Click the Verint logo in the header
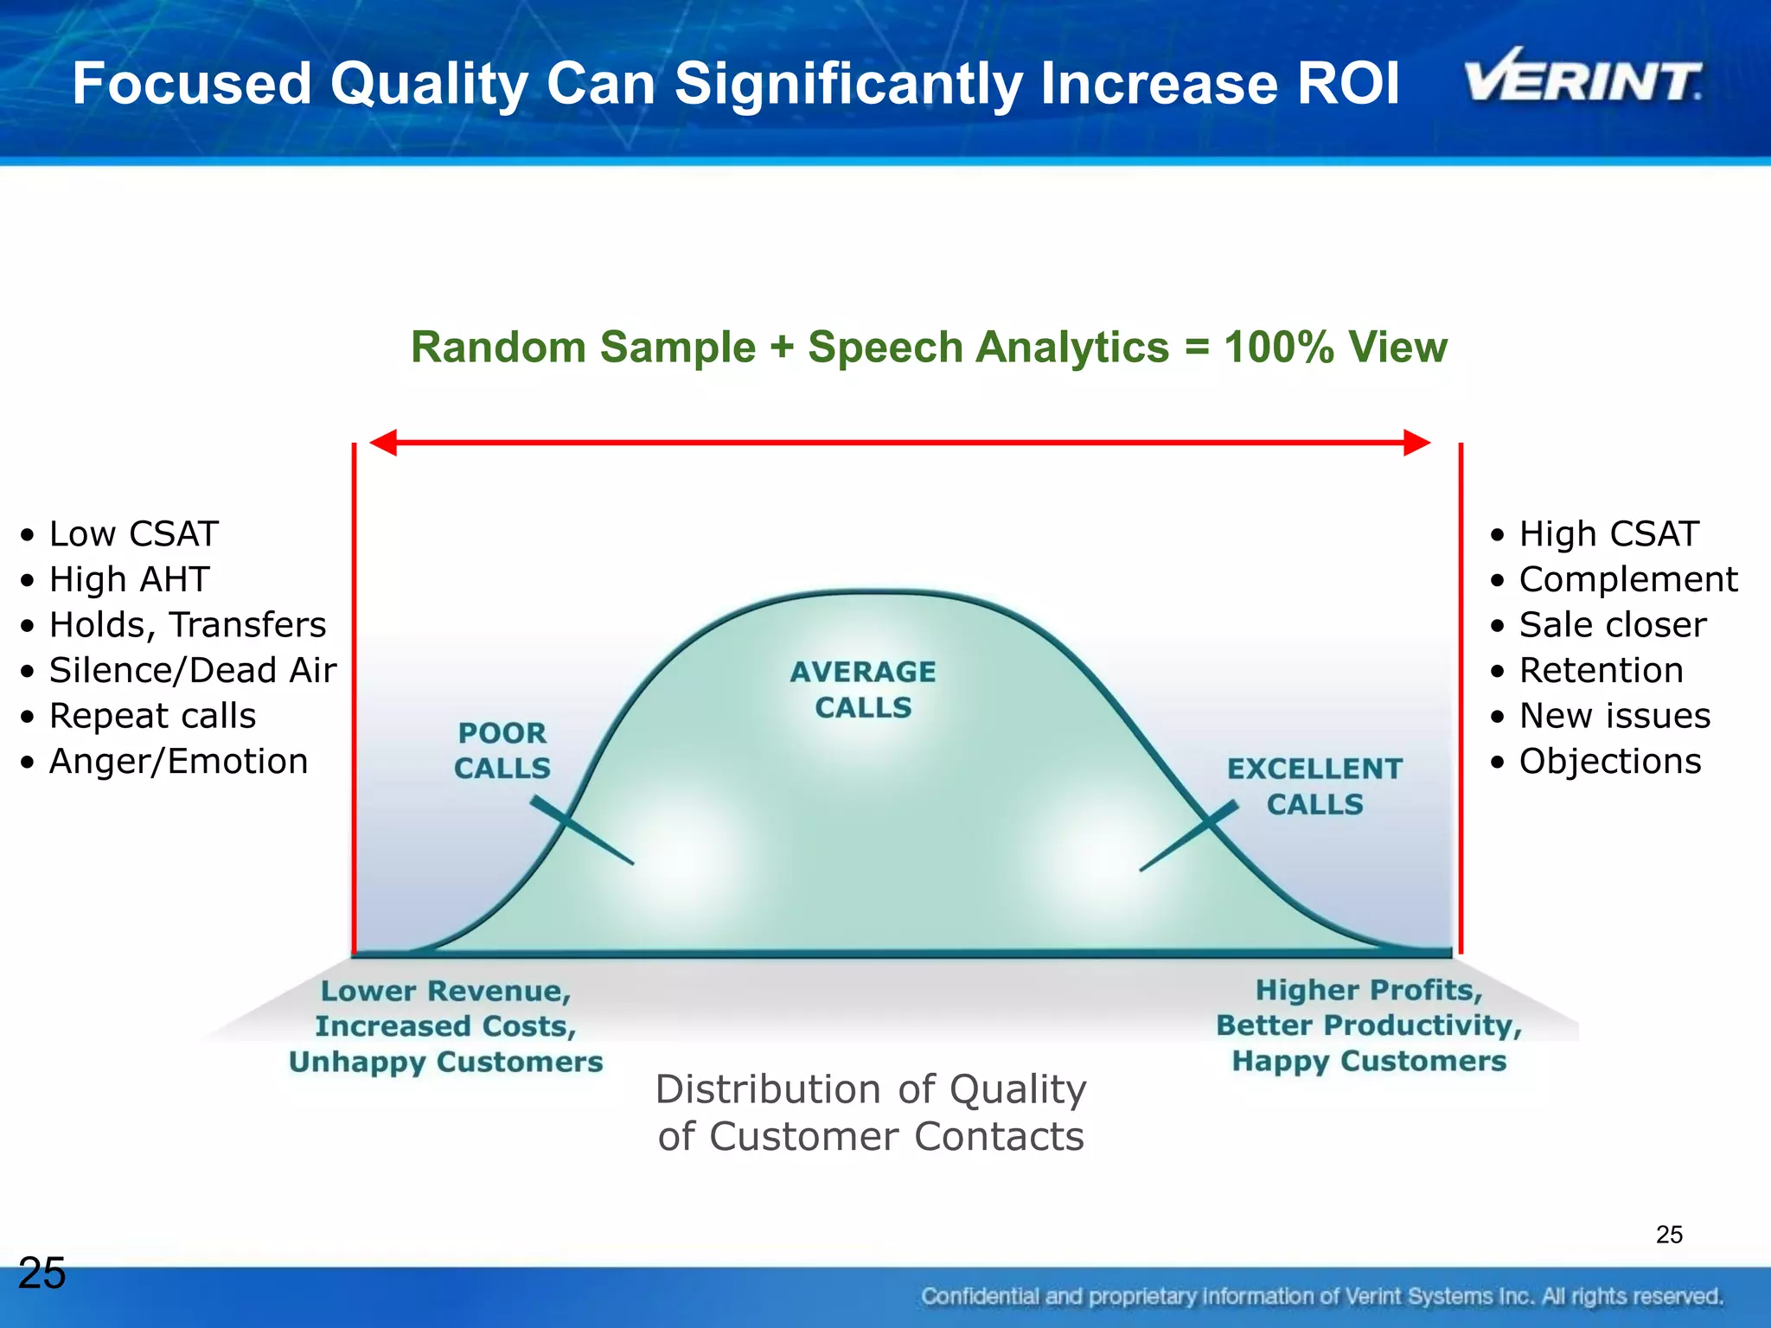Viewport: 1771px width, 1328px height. click(x=1582, y=78)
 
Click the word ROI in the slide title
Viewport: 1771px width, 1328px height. click(x=1341, y=84)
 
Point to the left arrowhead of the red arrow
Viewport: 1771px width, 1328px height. click(x=382, y=443)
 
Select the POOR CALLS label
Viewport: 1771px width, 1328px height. click(x=502, y=750)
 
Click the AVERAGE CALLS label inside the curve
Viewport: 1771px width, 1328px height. click(x=863, y=689)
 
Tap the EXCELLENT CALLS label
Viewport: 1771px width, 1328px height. click(x=1314, y=786)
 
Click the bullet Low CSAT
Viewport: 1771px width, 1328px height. click(x=133, y=534)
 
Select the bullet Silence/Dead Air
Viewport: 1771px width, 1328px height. click(x=192, y=671)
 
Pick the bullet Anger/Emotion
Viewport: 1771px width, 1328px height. click(x=178, y=762)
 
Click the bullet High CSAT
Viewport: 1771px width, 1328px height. click(x=1608, y=534)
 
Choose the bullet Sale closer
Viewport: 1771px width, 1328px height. click(x=1613, y=625)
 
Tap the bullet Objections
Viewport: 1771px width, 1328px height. click(x=1610, y=762)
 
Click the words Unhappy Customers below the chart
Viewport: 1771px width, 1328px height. click(x=445, y=1062)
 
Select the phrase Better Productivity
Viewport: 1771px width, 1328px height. click(x=1368, y=1025)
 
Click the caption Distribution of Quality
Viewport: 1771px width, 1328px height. click(x=870, y=1089)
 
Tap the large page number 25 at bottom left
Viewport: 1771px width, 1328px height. click(x=42, y=1273)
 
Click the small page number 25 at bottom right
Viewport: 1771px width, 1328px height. click(x=1669, y=1235)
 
